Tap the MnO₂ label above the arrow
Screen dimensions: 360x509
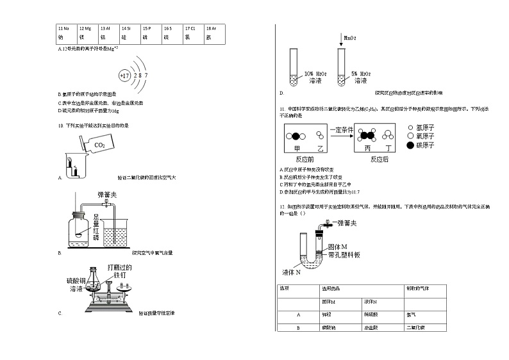point(350,38)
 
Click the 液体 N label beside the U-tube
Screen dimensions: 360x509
point(292,270)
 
